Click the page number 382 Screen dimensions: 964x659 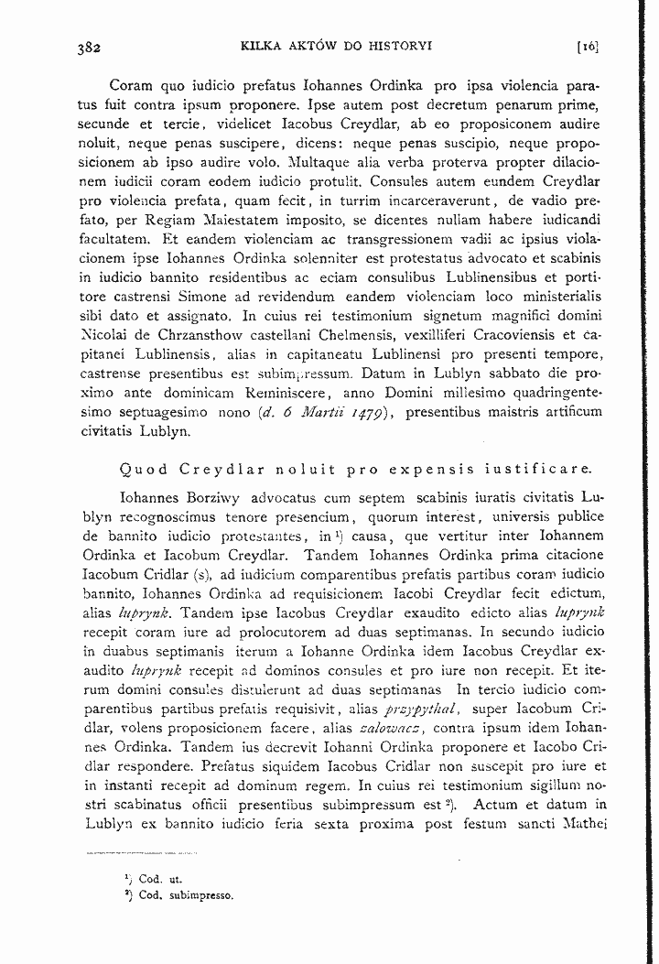(x=88, y=46)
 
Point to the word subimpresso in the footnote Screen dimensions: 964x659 (x=200, y=894)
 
